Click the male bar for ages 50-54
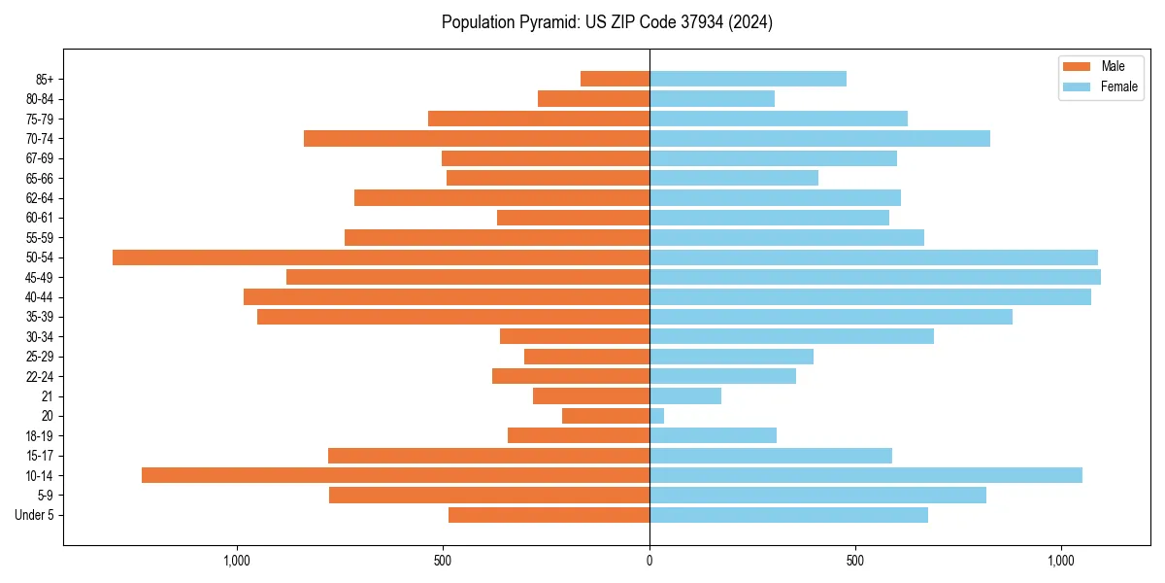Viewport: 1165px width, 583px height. (x=381, y=257)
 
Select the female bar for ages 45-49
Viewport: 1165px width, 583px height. (x=875, y=277)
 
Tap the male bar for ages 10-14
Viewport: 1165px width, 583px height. (x=395, y=475)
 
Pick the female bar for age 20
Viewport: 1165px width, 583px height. (x=657, y=416)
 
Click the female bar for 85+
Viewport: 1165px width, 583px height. (x=748, y=79)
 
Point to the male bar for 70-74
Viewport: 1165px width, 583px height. (x=477, y=138)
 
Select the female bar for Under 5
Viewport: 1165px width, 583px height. (x=788, y=515)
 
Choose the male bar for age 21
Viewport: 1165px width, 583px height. (x=591, y=395)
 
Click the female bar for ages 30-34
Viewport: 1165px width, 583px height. (x=791, y=336)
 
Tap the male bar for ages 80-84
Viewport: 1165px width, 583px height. (x=593, y=98)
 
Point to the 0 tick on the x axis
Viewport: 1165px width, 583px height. (x=649, y=561)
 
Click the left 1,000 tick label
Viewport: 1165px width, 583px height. (x=237, y=561)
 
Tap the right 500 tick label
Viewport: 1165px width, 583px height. (x=855, y=561)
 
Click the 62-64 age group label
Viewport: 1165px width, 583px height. (x=40, y=198)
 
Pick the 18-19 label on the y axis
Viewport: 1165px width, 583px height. (x=40, y=435)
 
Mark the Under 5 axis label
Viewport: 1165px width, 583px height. (x=34, y=515)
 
